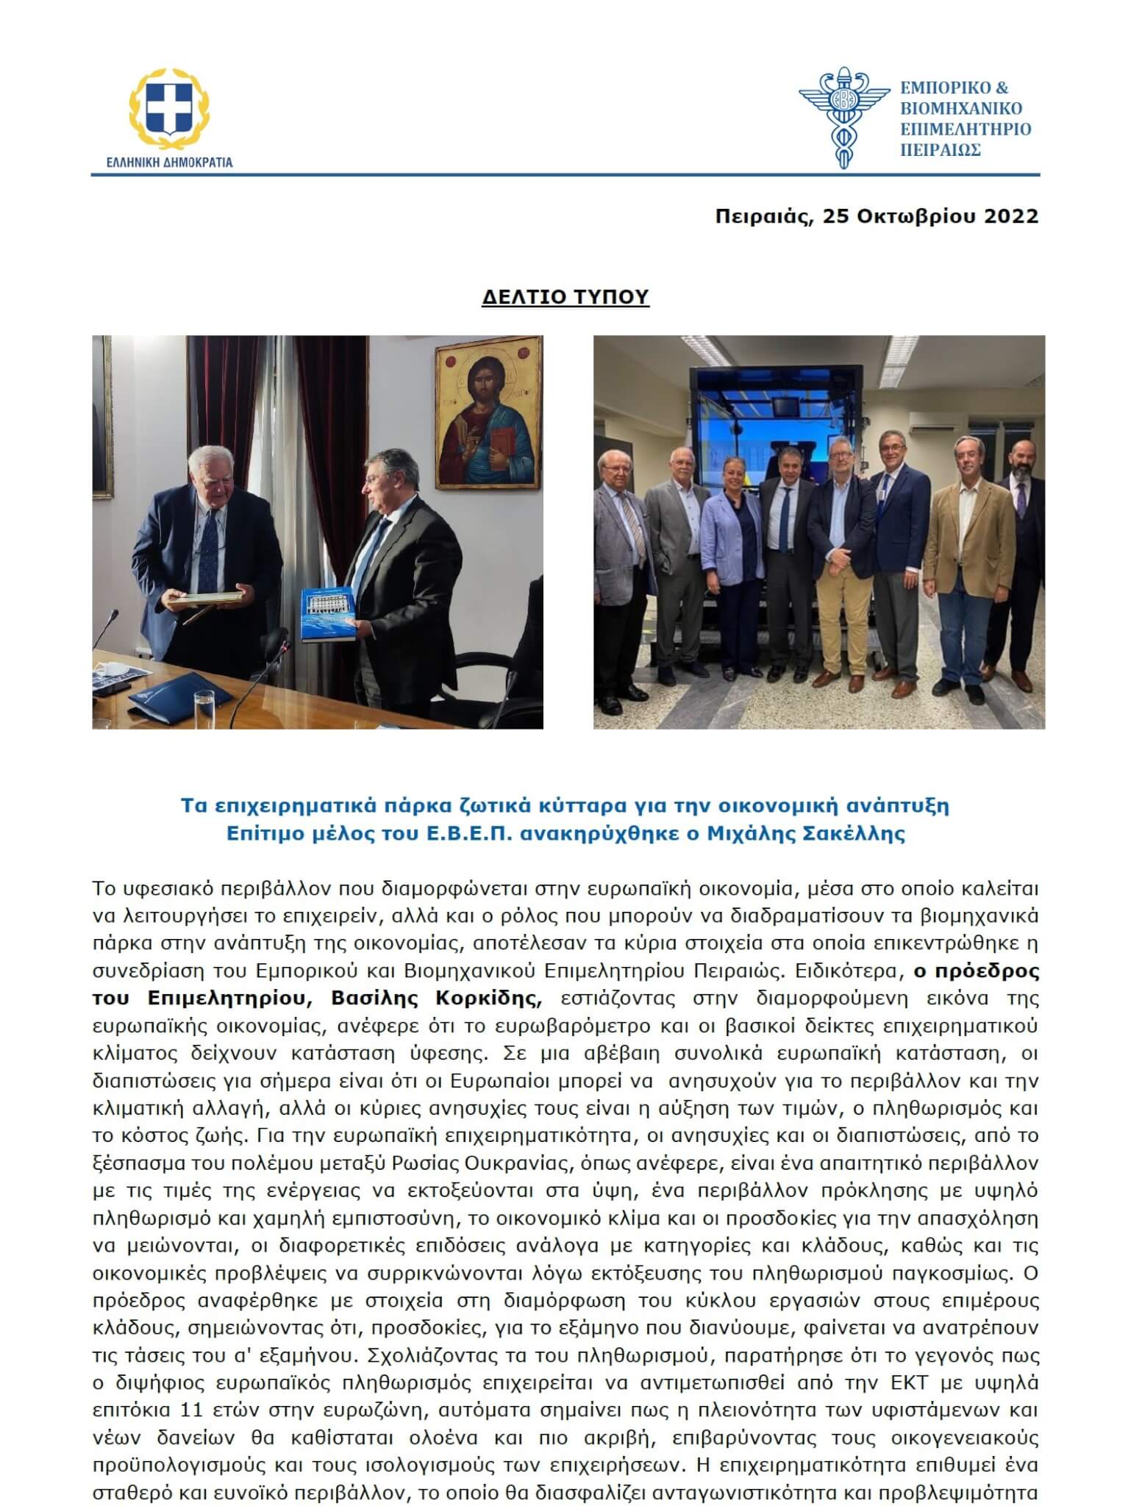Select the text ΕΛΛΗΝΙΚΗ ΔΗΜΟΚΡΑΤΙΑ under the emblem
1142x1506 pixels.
169,162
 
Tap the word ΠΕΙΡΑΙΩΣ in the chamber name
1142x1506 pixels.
941,150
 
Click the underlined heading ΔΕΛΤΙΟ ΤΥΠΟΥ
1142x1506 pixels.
565,296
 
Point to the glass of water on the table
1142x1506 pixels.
203,705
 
